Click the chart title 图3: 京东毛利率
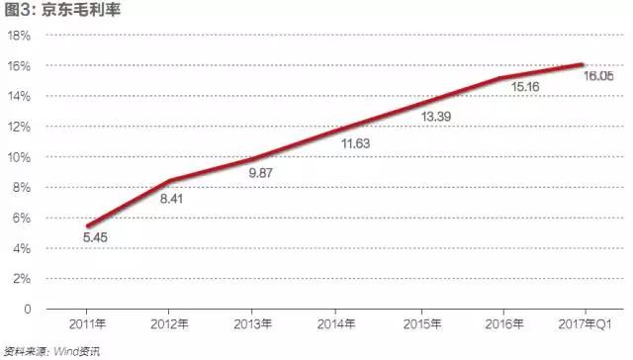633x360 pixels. click(x=62, y=10)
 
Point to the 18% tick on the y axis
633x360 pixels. click(x=19, y=36)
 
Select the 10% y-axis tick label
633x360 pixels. click(x=19, y=157)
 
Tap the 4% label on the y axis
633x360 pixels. click(x=22, y=248)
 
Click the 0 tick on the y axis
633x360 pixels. click(x=27, y=310)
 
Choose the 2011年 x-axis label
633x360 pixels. click(x=87, y=324)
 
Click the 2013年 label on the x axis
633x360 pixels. click(x=253, y=324)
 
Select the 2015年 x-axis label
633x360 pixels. click(x=422, y=324)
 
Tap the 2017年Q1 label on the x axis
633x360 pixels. click(x=585, y=324)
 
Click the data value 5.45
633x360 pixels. click(x=95, y=237)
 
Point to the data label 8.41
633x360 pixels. click(x=171, y=199)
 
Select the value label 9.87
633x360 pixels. click(x=260, y=173)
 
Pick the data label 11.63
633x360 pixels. click(x=356, y=143)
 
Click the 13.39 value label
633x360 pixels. click(x=436, y=117)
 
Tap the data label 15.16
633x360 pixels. click(x=525, y=87)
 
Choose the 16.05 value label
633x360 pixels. click(x=598, y=76)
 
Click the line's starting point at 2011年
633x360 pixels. click(x=88, y=226)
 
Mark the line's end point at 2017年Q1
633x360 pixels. click(x=582, y=64)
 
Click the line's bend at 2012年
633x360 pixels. click(x=170, y=180)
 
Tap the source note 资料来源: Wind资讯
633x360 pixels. click(x=51, y=351)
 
